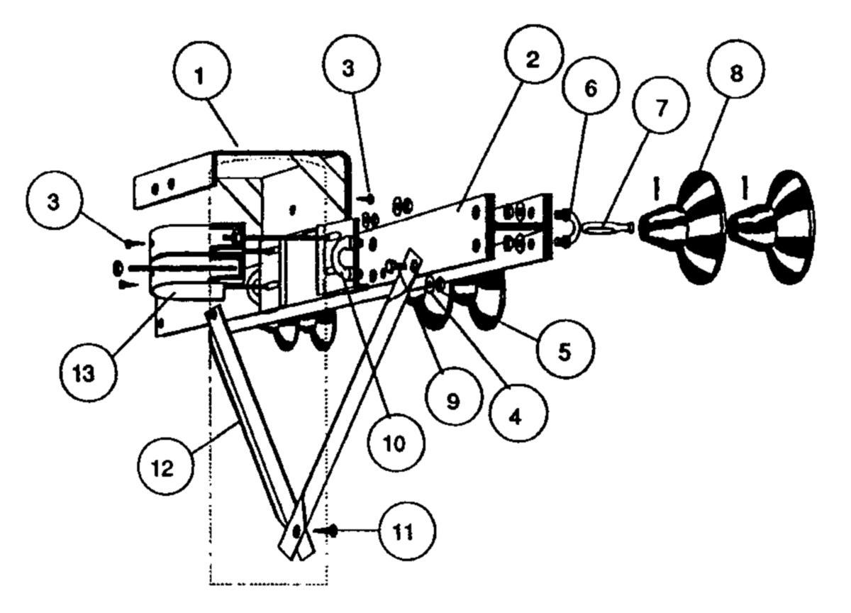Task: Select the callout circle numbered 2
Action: point(534,55)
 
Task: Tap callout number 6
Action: point(591,86)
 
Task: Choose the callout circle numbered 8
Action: point(736,69)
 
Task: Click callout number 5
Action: point(564,349)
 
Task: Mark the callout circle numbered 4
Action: point(519,412)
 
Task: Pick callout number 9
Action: point(454,396)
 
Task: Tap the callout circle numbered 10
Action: point(396,443)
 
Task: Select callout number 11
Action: point(407,531)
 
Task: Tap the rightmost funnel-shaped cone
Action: point(772,227)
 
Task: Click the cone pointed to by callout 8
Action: point(683,227)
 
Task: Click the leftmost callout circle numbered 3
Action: point(55,200)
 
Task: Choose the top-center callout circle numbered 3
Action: point(350,67)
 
